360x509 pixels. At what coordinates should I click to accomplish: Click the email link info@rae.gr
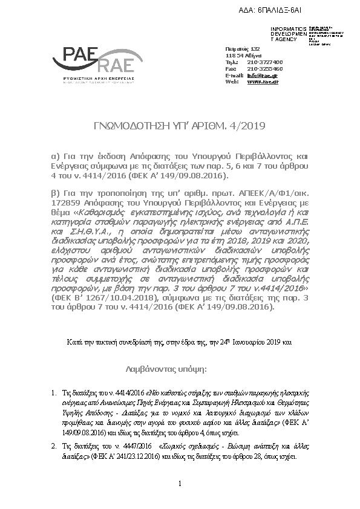(x=258, y=75)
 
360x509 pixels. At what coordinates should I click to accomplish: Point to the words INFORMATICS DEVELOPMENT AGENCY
(x=284, y=34)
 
